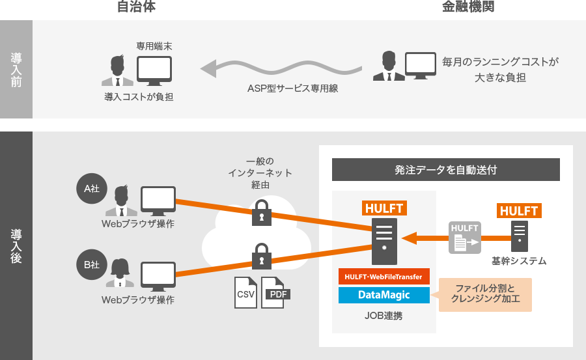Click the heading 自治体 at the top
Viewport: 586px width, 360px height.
[x=136, y=7]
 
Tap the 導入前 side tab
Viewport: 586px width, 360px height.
[x=16, y=69]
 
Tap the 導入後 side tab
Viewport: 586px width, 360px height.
[x=16, y=245]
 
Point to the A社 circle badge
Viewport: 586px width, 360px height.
[x=92, y=189]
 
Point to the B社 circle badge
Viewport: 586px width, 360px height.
[x=92, y=264]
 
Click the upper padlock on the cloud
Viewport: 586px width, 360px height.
[x=261, y=212]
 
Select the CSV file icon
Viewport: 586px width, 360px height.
[x=245, y=292]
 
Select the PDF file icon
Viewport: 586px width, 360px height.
[x=275, y=292]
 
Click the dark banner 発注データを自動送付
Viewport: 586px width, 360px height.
[x=446, y=169]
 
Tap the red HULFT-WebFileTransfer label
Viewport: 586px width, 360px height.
[x=384, y=277]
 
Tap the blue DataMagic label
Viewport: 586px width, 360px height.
[x=384, y=295]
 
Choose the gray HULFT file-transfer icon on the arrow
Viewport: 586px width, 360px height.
[x=465, y=238]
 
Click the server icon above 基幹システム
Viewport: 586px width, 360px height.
[x=519, y=237]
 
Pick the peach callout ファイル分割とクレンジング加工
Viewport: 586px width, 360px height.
[x=485, y=294]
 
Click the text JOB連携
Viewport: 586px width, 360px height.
[x=384, y=316]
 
